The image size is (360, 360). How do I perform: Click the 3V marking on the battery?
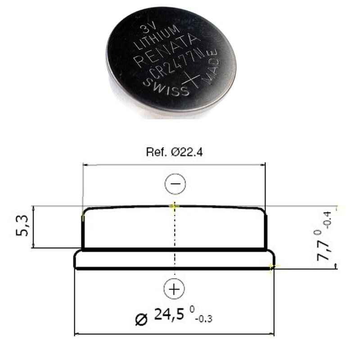click(x=147, y=29)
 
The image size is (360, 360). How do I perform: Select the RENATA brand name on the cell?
click(x=165, y=50)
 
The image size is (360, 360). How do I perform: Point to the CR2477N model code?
click(x=176, y=62)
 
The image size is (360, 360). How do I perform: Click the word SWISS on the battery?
click(x=166, y=87)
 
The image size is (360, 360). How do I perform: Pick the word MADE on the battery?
click(x=210, y=66)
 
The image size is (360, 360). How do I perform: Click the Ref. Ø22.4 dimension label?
click(x=175, y=152)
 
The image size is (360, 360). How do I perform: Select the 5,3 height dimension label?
click(x=22, y=226)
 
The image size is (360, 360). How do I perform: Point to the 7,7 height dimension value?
click(x=323, y=250)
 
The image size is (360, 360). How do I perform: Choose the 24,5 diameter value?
click(x=169, y=314)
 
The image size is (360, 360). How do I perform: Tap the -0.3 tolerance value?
click(x=204, y=319)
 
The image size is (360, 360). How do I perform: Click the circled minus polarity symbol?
click(x=175, y=184)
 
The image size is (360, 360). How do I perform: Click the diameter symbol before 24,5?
click(x=141, y=319)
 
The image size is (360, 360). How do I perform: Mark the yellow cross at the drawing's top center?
click(x=174, y=206)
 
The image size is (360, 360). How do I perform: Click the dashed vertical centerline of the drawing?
click(x=175, y=239)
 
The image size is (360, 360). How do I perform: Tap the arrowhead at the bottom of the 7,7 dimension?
click(x=336, y=266)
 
